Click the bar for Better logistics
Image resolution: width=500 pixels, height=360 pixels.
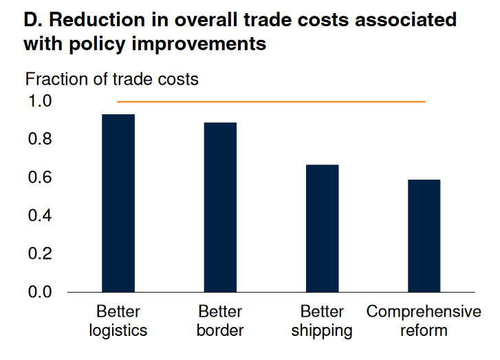118,203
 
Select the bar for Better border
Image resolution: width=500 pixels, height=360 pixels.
220,207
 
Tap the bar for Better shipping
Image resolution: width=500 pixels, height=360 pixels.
322,229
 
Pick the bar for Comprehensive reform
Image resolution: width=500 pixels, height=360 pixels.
424,236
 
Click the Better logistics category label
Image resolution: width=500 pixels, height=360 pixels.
118,321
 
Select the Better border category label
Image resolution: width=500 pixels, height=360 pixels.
220,321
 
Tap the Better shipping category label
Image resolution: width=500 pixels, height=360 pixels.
322,321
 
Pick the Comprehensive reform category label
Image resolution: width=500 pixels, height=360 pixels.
424,321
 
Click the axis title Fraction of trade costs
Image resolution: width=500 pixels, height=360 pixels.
111,79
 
